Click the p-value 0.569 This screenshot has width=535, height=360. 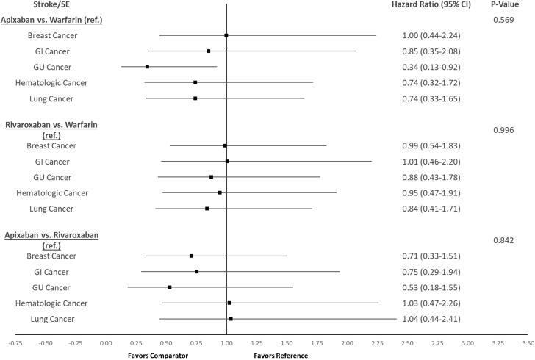click(504, 20)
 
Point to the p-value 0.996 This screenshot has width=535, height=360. click(504, 130)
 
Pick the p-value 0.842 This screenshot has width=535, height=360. click(504, 240)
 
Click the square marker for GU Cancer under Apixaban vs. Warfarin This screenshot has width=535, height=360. click(147, 67)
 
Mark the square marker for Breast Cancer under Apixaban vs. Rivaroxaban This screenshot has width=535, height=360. click(191, 256)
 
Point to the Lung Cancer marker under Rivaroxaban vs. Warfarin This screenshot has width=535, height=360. click(207, 209)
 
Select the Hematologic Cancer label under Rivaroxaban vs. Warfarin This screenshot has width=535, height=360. click(51, 193)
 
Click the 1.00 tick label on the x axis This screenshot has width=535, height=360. click(226, 343)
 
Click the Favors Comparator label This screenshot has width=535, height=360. click(159, 356)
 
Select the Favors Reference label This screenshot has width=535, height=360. click(281, 356)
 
